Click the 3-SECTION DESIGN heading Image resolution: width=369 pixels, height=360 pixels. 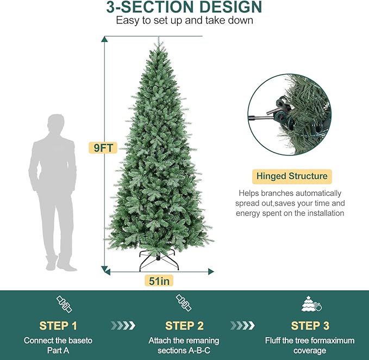[184, 8]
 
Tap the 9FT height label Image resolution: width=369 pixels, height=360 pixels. [103, 147]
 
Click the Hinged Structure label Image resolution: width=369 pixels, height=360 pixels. [292, 176]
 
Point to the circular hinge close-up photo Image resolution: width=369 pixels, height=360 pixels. [289, 115]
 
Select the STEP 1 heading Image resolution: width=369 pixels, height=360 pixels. [58, 326]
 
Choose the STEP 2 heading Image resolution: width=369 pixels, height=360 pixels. [184, 326]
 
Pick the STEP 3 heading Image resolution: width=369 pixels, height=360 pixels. [310, 326]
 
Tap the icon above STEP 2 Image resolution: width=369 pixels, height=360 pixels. [183, 303]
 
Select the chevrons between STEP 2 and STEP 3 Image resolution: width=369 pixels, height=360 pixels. [242, 325]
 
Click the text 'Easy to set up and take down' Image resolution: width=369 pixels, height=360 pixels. [184, 21]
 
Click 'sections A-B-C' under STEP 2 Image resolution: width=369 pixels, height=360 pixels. [184, 351]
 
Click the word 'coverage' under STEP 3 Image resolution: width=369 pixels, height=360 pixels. [310, 351]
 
